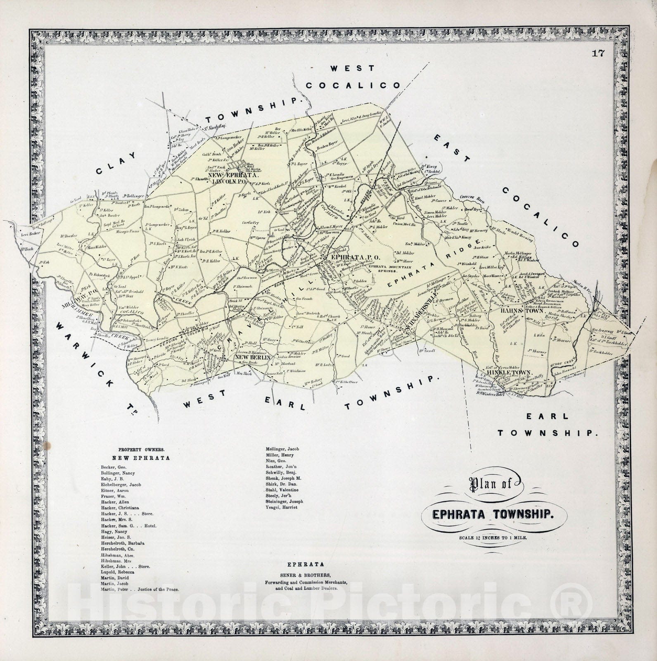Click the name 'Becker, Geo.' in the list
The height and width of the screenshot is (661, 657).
coord(110,467)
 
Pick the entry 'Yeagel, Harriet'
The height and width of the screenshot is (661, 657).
coord(279,507)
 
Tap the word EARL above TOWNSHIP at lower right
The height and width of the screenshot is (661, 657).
coord(541,417)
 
